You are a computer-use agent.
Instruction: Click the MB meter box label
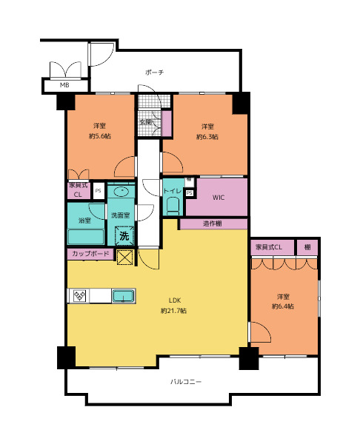click(x=64, y=85)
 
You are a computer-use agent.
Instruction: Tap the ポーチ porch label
click(x=154, y=73)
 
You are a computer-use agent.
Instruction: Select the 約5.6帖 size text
click(x=100, y=136)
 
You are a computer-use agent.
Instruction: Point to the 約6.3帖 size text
click(x=207, y=137)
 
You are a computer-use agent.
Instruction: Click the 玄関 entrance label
click(x=146, y=122)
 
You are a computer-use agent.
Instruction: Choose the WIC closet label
click(x=219, y=198)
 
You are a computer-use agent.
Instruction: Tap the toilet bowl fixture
click(x=173, y=206)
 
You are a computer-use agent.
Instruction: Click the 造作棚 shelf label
click(x=213, y=223)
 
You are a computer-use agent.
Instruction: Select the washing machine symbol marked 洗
click(x=124, y=235)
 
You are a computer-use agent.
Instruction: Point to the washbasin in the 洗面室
click(x=121, y=192)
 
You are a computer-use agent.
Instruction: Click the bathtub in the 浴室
click(x=86, y=236)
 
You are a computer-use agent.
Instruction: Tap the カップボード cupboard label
click(x=90, y=253)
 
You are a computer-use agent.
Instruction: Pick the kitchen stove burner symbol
click(x=79, y=296)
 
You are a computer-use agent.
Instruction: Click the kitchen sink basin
click(x=123, y=296)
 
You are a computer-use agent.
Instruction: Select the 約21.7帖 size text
click(x=173, y=311)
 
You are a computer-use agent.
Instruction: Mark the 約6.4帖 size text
click(x=283, y=306)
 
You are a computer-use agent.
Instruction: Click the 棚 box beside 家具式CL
click(x=307, y=247)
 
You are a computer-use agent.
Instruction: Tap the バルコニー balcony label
click(x=186, y=382)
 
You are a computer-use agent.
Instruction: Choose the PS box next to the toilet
click(x=190, y=193)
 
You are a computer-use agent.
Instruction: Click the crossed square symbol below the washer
click(x=125, y=257)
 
